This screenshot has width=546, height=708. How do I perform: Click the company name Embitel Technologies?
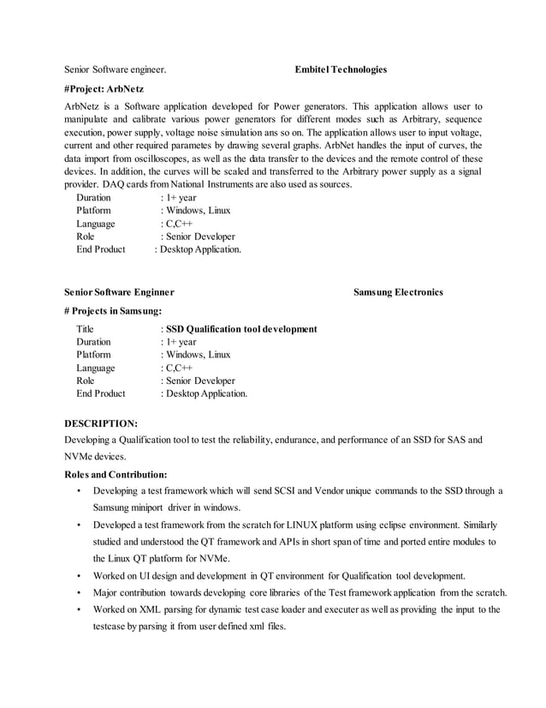point(341,69)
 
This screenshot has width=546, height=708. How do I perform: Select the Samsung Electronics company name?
point(398,292)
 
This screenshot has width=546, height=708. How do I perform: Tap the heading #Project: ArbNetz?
point(104,88)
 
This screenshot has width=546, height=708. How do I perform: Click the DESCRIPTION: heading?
point(101,423)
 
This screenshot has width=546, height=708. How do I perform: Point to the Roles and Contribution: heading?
point(116,474)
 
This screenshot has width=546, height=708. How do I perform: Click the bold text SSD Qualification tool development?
point(241,329)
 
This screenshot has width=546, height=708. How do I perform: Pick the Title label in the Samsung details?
point(85,329)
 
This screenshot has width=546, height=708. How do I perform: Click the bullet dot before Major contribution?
point(78,592)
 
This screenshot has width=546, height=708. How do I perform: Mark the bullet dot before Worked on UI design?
point(78,575)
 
